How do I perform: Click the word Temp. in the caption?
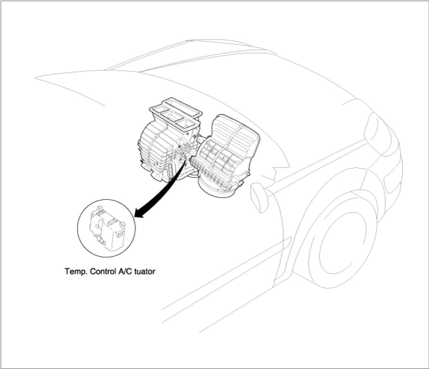(x=74, y=271)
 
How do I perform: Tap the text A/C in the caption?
(x=125, y=271)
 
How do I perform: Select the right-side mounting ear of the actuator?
(x=121, y=224)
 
